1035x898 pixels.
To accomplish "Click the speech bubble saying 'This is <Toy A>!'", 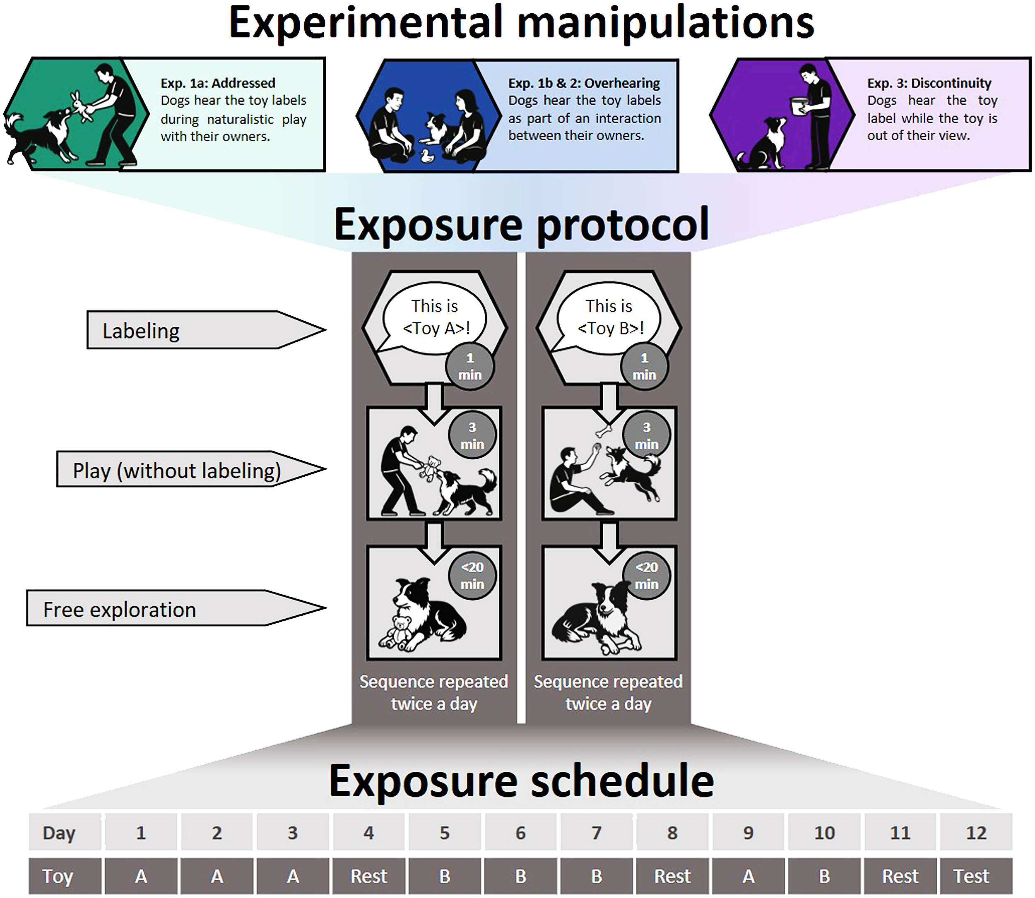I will click(x=435, y=317).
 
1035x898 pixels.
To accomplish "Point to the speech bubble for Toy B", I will click(x=609, y=317).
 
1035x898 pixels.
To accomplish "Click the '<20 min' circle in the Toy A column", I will click(x=472, y=575).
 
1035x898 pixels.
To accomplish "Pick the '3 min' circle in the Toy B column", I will click(x=646, y=435).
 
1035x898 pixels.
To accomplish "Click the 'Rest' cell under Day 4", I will click(x=368, y=876).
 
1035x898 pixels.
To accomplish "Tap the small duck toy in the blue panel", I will click(x=427, y=156).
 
